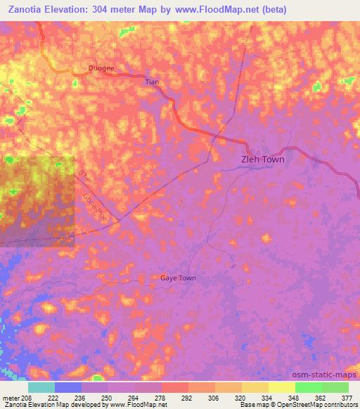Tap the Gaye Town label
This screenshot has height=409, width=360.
pyautogui.click(x=177, y=278)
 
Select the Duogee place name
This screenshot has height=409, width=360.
pyautogui.click(x=101, y=68)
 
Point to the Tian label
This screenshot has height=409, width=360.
pyautogui.click(x=152, y=82)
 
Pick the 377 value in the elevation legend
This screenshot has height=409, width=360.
pyautogui.click(x=347, y=398)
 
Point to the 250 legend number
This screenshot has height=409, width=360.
pyautogui.click(x=105, y=398)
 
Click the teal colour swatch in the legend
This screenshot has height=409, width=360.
pyautogui.click(x=41, y=387)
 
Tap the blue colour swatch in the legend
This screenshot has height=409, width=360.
pyautogui.click(x=67, y=387)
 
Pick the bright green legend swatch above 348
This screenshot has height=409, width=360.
pyautogui.click(x=308, y=387)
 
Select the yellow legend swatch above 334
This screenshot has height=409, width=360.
pyautogui.click(x=255, y=387)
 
